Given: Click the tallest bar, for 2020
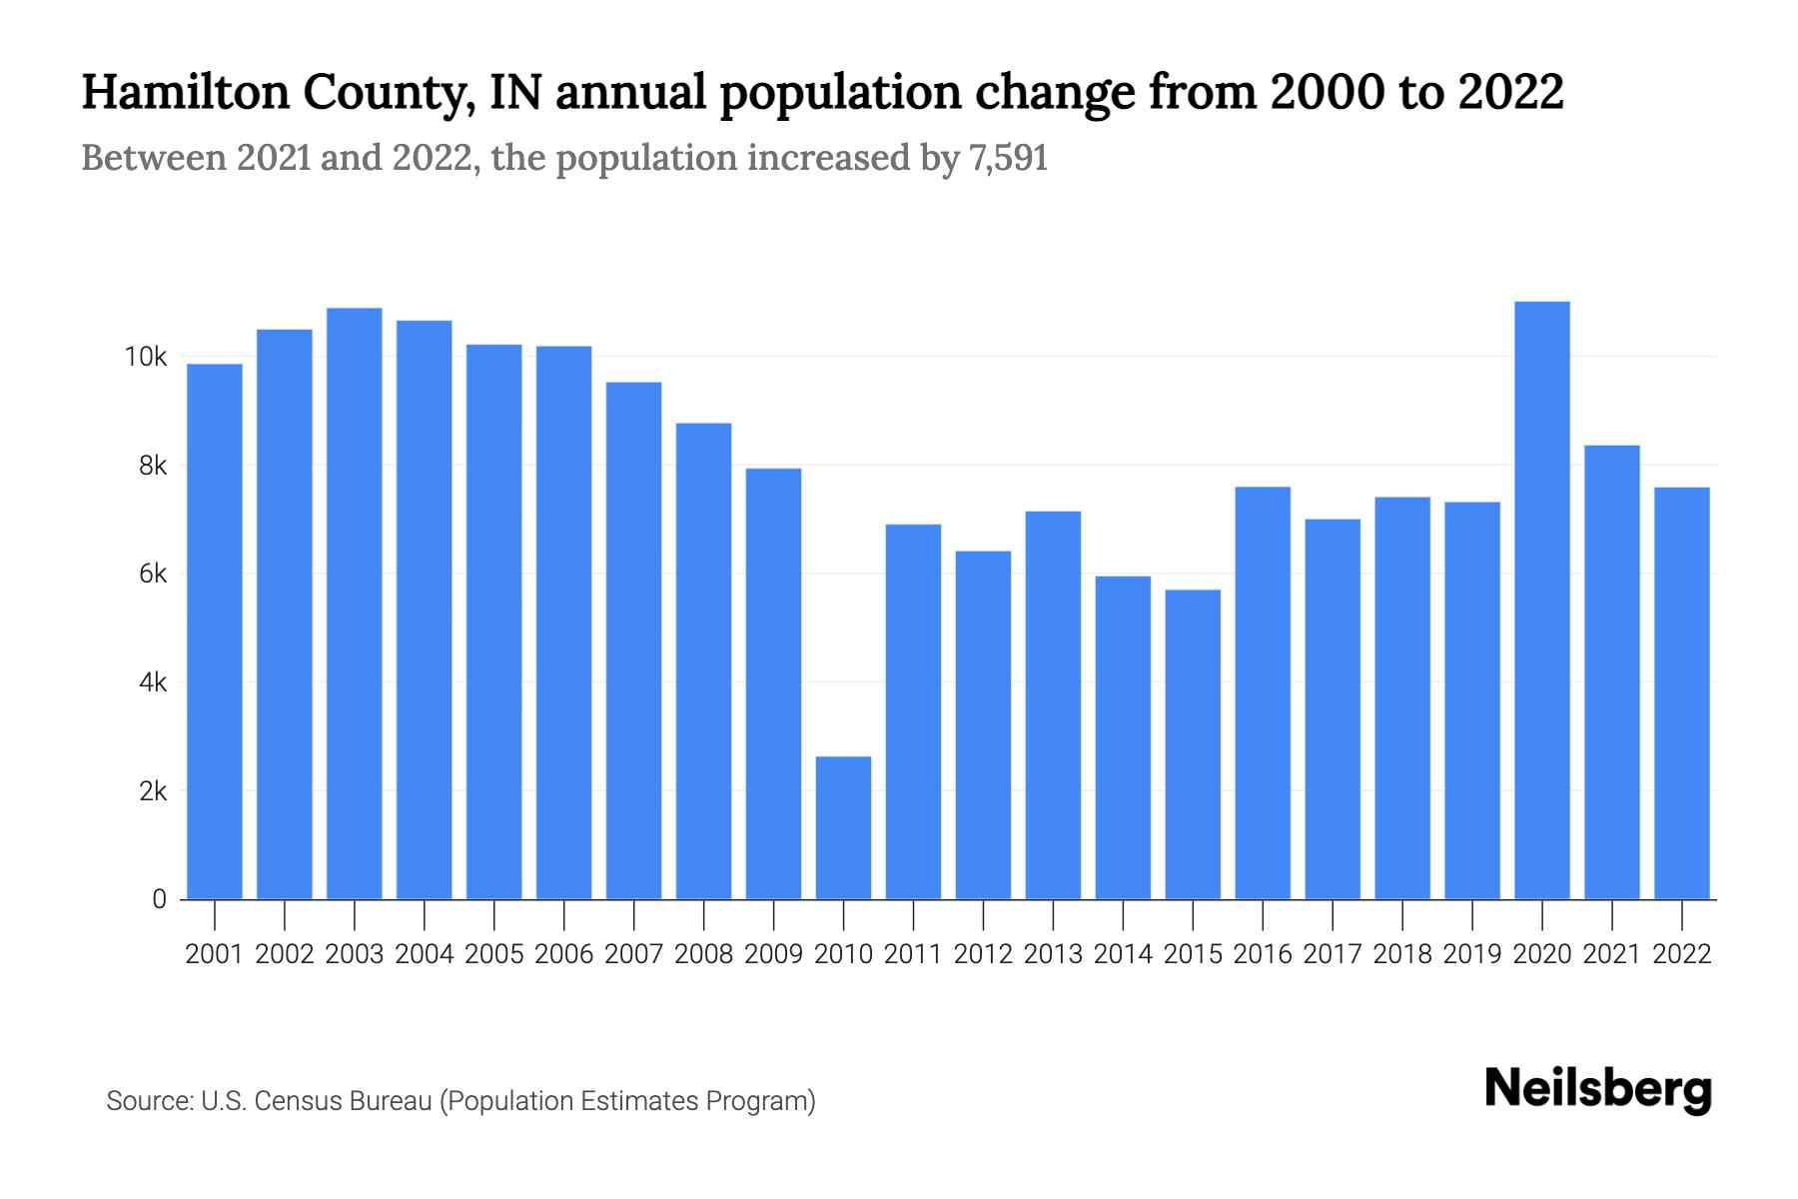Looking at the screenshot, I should coord(1542,599).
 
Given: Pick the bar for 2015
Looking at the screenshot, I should coord(1193,744).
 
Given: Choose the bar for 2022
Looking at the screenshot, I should coord(1682,693).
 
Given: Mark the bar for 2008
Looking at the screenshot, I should coord(704,660).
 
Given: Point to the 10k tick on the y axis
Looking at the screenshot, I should coord(146,357).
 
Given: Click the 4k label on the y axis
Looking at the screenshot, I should coord(153,682).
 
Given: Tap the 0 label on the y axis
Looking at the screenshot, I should coord(159,899).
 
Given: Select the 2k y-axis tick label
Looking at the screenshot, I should coord(153,791).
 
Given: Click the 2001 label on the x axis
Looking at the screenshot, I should coord(215,954).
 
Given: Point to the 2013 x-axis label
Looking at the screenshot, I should coord(1053,954).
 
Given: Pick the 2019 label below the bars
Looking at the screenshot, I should coord(1472,954).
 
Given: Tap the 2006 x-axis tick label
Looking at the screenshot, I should coord(564,954).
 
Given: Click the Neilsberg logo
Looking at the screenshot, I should coord(1598,1089).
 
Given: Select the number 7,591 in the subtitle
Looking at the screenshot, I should coord(1008,158).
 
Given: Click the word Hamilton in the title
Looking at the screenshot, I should coord(185,92).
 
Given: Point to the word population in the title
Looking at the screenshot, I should coord(840,92).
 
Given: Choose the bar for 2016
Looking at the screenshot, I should coord(1263,693).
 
